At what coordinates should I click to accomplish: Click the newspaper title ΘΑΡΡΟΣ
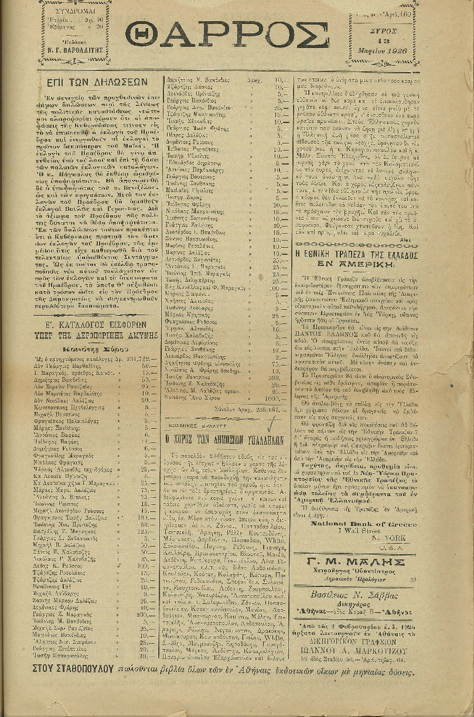(x=227, y=36)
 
